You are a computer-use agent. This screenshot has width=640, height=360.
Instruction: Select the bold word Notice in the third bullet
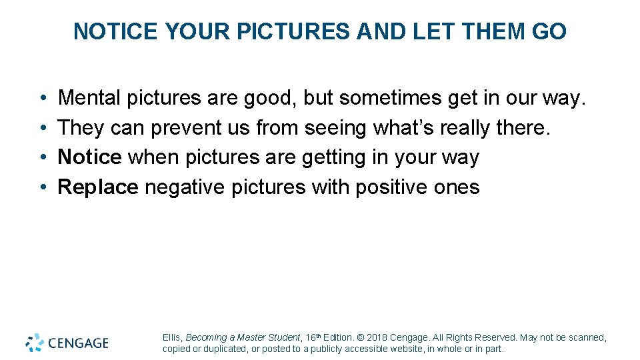89,157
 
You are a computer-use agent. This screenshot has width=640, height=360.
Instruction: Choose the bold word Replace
98,187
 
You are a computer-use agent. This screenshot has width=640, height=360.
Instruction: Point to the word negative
185,187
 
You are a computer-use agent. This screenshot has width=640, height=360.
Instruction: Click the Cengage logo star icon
35,343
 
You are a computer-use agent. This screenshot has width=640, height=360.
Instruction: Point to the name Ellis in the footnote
172,338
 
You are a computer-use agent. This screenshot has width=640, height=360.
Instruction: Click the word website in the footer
405,349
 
